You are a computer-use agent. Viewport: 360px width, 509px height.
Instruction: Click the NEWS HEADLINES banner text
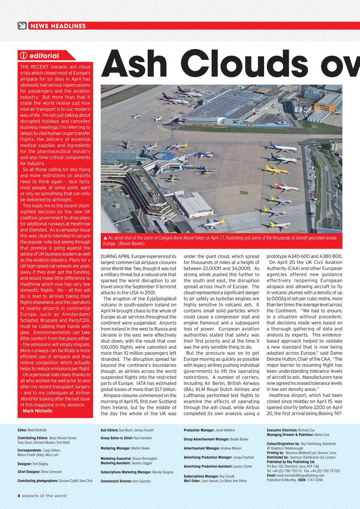click(58, 26)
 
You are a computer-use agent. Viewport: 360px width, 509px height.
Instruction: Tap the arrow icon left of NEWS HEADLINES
click(22, 26)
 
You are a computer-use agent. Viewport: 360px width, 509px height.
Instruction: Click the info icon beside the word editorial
click(23, 56)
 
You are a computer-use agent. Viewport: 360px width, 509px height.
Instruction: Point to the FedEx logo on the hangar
click(184, 119)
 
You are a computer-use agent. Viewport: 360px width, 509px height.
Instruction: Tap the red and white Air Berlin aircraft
click(286, 186)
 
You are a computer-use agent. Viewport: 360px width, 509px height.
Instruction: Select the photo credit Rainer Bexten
click(132, 243)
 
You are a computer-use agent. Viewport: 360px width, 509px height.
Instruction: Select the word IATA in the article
click(142, 383)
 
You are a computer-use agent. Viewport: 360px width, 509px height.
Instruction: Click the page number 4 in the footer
click(19, 496)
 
